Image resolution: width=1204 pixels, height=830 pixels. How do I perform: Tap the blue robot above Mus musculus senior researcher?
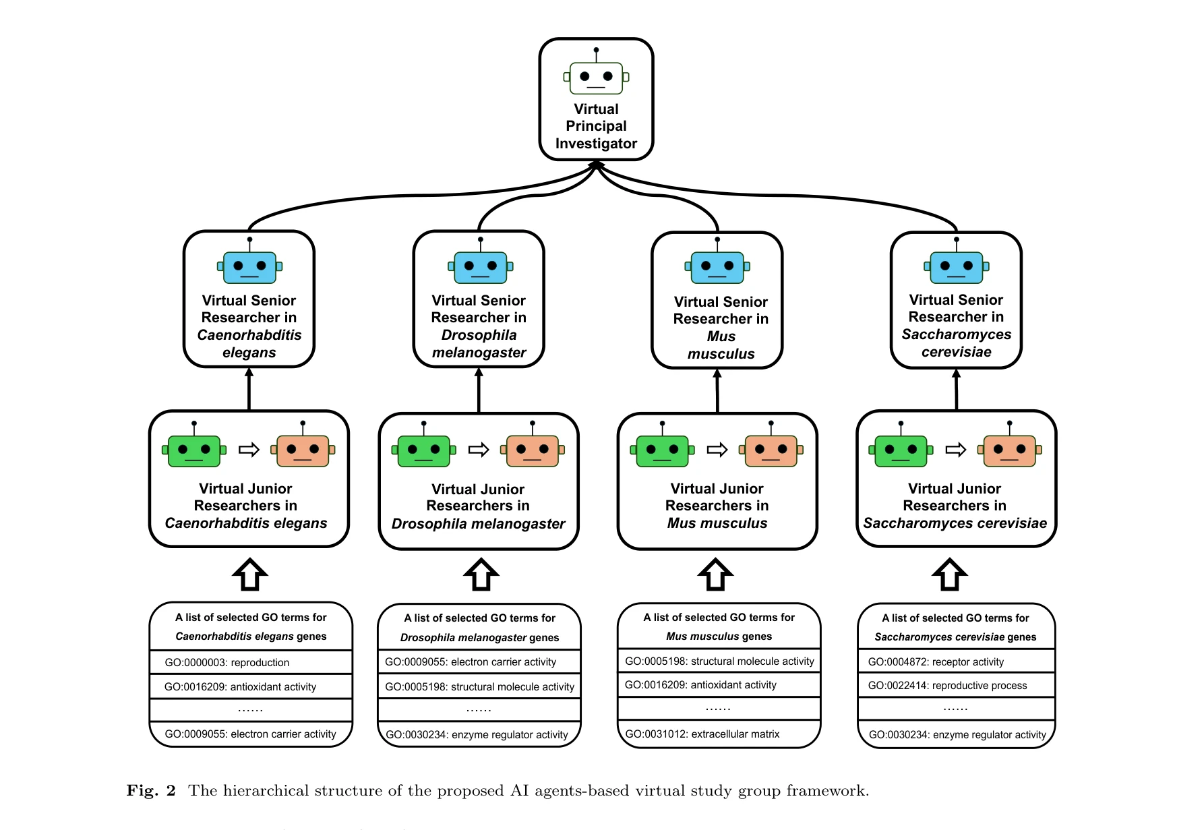point(717,267)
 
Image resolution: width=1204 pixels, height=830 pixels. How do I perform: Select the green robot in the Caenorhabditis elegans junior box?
point(194,450)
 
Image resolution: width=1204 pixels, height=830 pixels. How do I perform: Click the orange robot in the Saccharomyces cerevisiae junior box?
point(1009,450)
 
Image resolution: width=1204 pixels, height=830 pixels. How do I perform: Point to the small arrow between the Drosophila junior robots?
point(479,450)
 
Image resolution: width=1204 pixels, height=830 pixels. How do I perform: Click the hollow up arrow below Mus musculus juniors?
point(715,575)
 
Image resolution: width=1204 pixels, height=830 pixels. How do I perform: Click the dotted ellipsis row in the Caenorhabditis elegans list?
point(250,710)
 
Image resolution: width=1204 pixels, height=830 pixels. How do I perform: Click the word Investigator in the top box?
point(596,144)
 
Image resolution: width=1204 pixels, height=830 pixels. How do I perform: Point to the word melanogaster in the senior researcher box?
point(479,353)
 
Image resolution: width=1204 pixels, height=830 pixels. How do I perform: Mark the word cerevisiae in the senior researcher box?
point(956,352)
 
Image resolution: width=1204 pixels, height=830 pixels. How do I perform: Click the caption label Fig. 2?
point(151,791)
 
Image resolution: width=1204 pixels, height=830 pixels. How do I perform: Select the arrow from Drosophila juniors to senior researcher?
point(479,390)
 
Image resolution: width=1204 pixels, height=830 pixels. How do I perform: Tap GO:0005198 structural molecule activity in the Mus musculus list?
point(719,661)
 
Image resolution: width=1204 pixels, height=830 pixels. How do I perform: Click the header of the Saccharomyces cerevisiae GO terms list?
point(955,627)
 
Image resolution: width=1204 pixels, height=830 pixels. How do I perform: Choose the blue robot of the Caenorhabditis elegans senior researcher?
point(249,266)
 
